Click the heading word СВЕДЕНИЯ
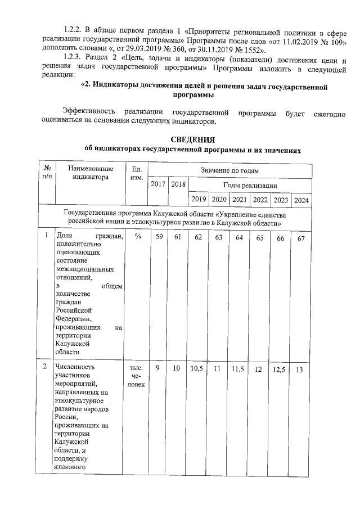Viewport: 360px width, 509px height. click(193, 139)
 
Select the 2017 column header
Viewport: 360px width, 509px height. click(159, 184)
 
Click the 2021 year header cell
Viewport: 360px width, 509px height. click(240, 200)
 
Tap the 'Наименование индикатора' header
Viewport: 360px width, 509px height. click(89, 173)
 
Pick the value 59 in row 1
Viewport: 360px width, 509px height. click(159, 238)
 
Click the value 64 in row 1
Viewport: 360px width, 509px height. click(240, 238)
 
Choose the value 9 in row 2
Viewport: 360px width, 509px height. click(159, 368)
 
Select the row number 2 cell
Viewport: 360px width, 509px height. click(46, 367)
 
